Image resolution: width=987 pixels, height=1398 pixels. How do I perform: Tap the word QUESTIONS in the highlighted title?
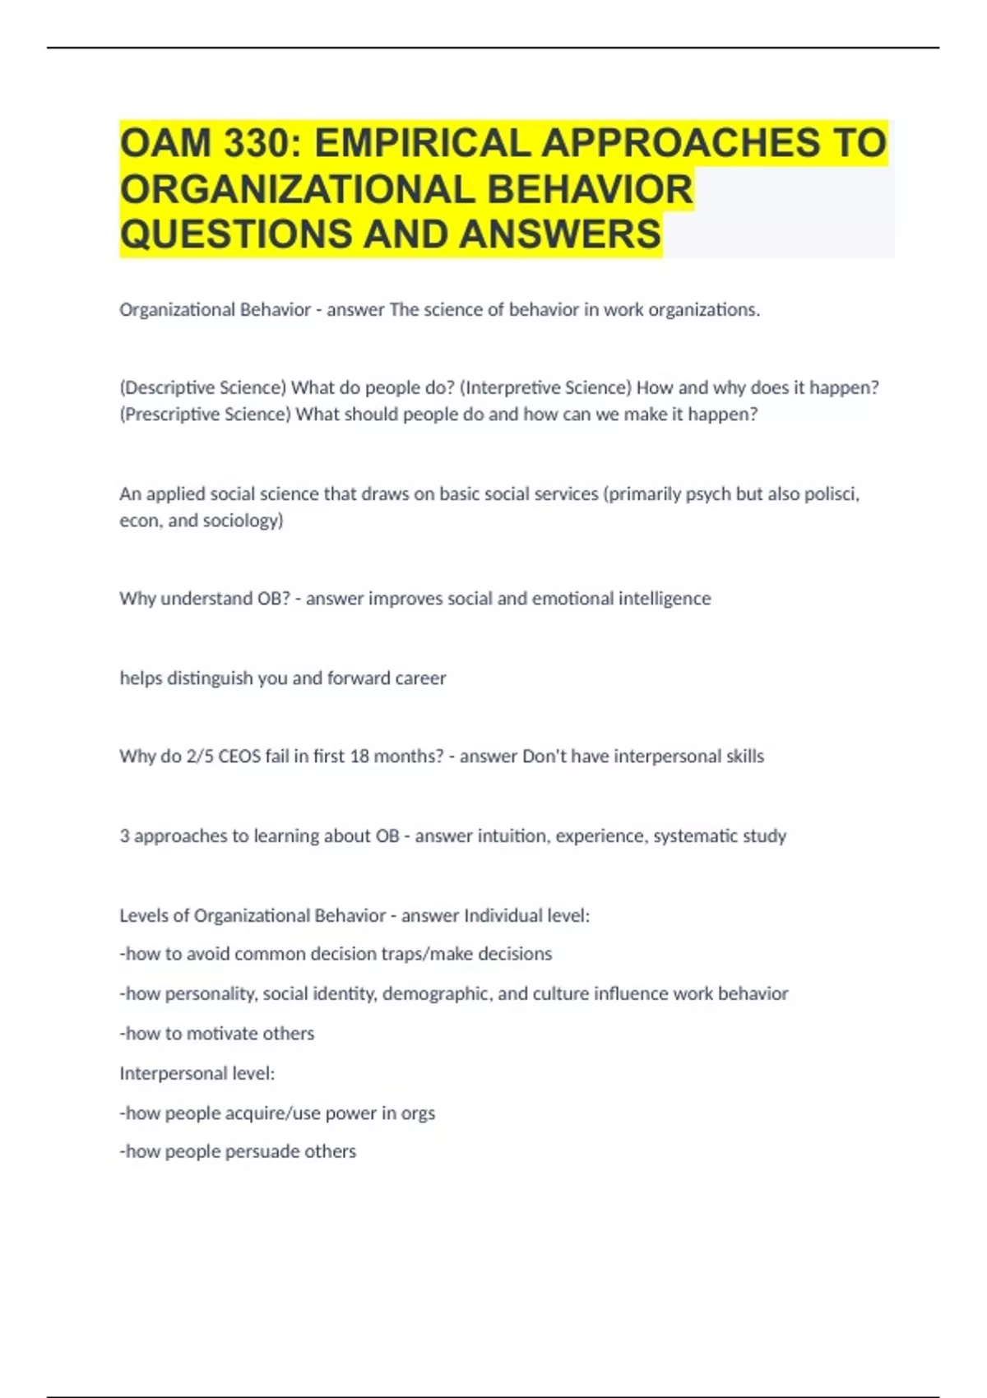tap(236, 234)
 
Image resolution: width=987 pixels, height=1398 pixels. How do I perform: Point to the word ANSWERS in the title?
tap(560, 234)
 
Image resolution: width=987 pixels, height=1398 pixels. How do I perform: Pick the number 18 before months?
tap(359, 756)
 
